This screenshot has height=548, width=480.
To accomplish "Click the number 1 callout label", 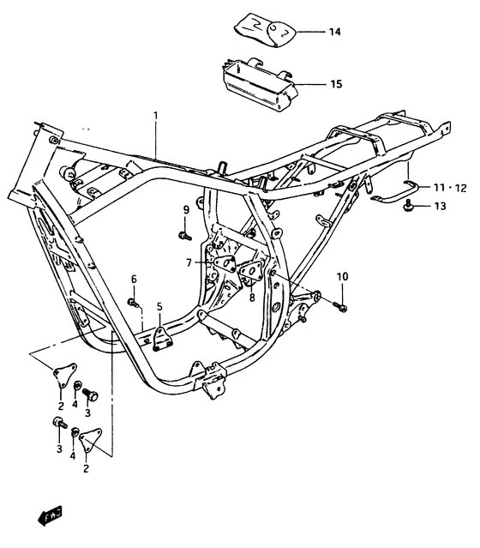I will [x=156, y=115].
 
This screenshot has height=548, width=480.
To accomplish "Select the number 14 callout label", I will [x=334, y=32].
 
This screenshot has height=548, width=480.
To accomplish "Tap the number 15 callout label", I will [x=336, y=84].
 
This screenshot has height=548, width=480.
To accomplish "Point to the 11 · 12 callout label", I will [x=450, y=187].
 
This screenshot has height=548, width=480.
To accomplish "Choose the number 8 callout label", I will [x=252, y=298].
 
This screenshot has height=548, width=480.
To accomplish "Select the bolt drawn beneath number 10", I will [x=342, y=304].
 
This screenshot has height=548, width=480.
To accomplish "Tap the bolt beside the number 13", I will [x=413, y=206].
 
